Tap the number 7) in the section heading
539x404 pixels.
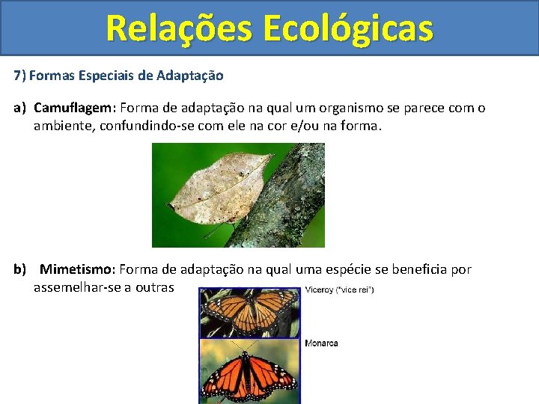tap(19, 76)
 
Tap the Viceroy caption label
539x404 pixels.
tap(339, 290)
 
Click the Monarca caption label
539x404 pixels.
tap(321, 343)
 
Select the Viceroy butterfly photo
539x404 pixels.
tap(249, 313)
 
